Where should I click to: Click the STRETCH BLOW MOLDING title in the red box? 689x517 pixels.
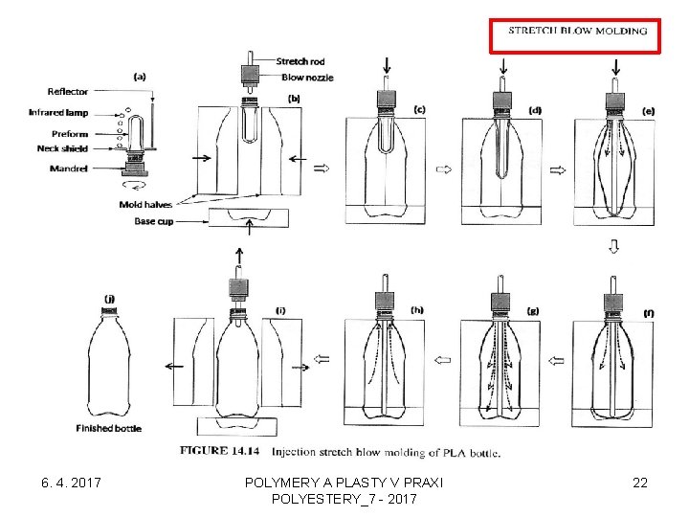[577, 31]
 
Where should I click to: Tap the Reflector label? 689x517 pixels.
[67, 92]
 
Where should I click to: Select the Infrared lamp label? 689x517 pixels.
[58, 113]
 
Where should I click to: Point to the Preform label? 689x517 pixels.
[70, 134]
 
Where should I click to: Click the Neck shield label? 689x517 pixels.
[63, 149]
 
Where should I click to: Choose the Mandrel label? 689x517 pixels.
[70, 169]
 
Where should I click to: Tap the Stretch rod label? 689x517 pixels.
[300, 62]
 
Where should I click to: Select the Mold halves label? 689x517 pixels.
[145, 205]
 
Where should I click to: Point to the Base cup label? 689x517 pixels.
[154, 222]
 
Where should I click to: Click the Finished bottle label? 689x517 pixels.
[108, 428]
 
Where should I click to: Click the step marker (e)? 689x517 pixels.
[649, 112]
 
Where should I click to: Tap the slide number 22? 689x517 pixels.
[639, 483]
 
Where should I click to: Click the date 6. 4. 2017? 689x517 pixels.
[67, 483]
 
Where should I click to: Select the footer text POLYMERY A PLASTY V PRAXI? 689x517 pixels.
[344, 483]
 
